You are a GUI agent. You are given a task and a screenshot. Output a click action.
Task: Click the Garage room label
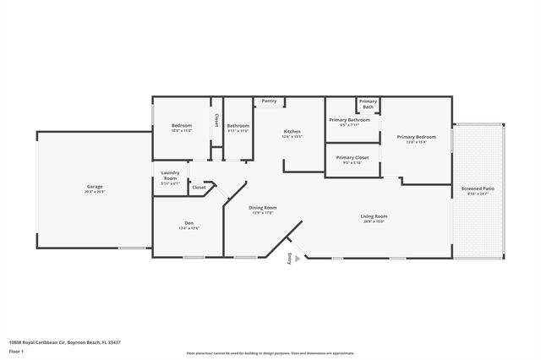coord(95,187)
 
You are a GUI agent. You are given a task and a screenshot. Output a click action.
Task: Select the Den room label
coord(189,225)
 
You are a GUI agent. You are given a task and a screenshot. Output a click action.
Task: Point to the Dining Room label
coord(262,208)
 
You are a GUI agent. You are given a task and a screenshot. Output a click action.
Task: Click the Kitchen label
coord(292,132)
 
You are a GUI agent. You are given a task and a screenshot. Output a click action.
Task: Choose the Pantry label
coord(269,101)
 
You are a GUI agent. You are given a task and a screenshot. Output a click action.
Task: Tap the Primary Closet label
coord(352,158)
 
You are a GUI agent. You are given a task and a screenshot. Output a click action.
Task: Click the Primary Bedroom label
coord(416,137)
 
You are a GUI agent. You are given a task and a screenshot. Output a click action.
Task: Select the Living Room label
coord(374,216)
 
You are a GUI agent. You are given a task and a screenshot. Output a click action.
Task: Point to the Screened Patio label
coord(478,188)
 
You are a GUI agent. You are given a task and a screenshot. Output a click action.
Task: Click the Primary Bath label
coord(368,104)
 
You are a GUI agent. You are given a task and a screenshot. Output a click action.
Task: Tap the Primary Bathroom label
coord(349,120)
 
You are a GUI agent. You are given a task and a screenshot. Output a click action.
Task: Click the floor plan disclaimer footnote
coord(270,351)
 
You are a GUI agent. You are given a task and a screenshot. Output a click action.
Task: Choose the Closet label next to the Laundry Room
coord(199,187)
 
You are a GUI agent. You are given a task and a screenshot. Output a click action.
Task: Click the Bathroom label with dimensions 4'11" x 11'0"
coord(238,127)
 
